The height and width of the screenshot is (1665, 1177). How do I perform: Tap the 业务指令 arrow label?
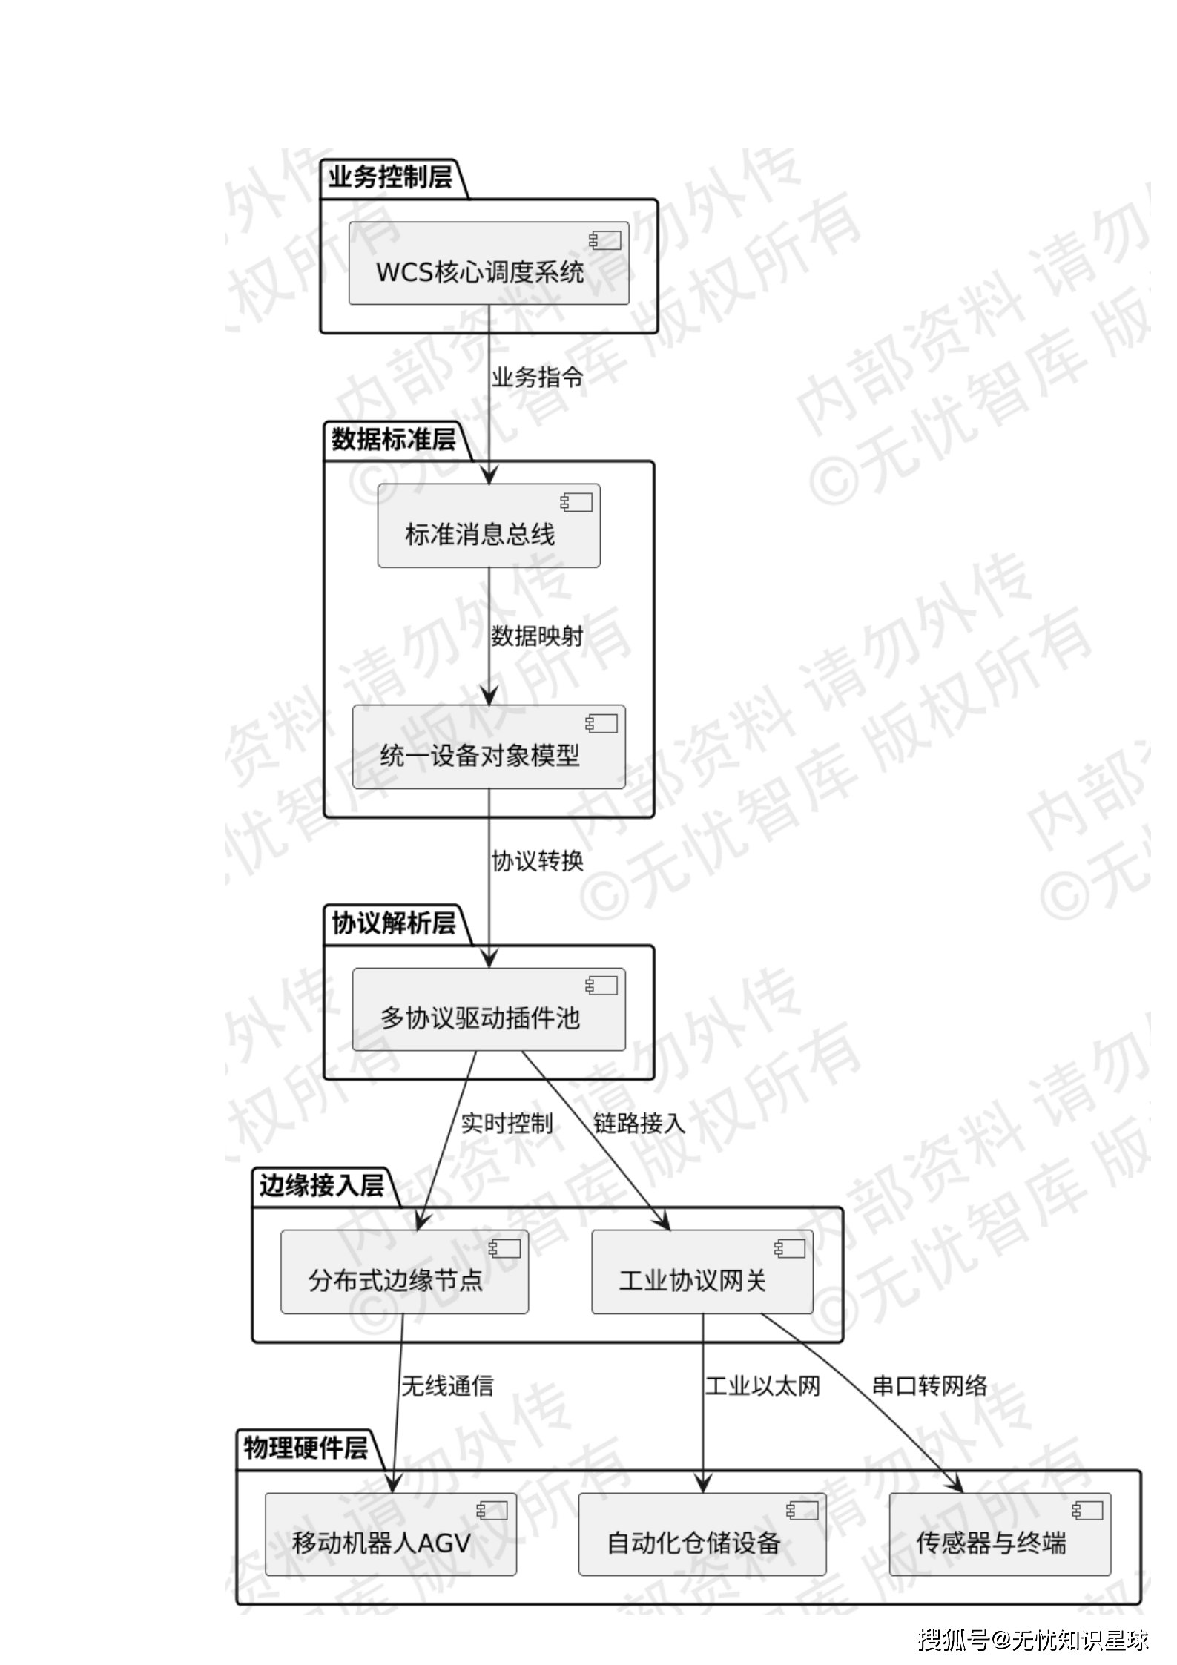point(537,377)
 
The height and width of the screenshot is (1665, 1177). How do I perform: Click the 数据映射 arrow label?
point(537,636)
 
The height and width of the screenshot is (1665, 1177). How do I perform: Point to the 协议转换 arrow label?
point(537,861)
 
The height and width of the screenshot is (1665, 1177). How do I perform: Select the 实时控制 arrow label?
point(507,1124)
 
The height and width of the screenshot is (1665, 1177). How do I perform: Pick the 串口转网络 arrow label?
point(929,1385)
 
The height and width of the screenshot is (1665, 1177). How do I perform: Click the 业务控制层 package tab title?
point(390,178)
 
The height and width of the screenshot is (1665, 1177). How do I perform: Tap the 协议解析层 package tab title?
point(393,924)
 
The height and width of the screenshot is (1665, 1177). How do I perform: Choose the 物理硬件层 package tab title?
point(306,1448)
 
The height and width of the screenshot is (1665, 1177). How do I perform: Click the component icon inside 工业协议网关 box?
point(789,1248)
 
